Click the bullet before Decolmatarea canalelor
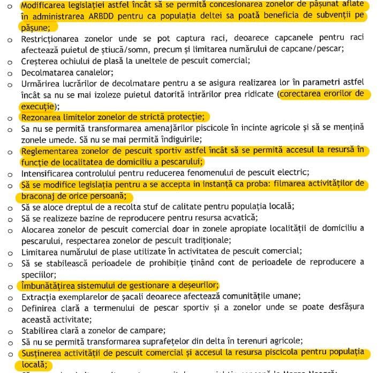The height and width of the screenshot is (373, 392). click(10, 72)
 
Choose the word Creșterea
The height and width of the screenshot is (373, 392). click(41, 61)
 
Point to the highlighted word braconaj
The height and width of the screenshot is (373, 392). click(39, 195)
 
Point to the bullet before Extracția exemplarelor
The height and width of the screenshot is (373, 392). click(10, 296)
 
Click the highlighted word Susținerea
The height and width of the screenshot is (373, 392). click(43, 353)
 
